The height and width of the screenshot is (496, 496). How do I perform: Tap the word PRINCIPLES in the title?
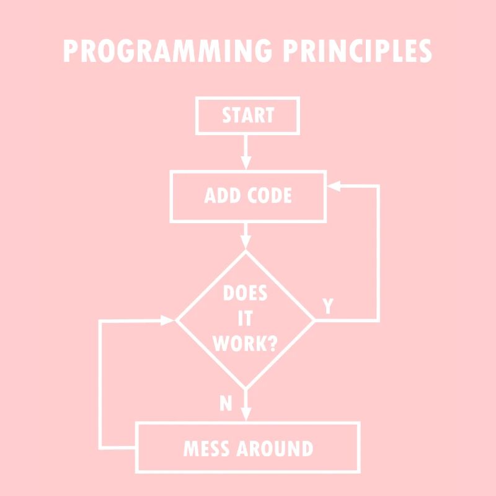357,51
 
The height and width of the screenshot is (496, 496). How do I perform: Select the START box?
247,115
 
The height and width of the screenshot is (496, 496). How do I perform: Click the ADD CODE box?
248,196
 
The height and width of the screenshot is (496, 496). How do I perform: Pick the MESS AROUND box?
248,448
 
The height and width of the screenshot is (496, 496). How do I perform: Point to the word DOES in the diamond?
245,293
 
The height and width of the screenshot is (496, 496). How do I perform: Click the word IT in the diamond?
245,319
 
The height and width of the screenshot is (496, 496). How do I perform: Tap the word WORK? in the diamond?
245,344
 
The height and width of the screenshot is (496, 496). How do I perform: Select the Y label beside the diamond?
328,306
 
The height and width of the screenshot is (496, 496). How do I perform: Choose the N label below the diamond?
226,404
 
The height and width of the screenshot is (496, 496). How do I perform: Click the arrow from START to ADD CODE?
246,152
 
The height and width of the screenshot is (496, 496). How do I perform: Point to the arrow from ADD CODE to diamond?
246,236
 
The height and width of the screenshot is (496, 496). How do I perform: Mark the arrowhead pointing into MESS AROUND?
246,415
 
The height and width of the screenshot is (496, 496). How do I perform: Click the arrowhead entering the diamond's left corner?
169,320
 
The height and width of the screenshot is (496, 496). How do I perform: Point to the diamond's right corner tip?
314,320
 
